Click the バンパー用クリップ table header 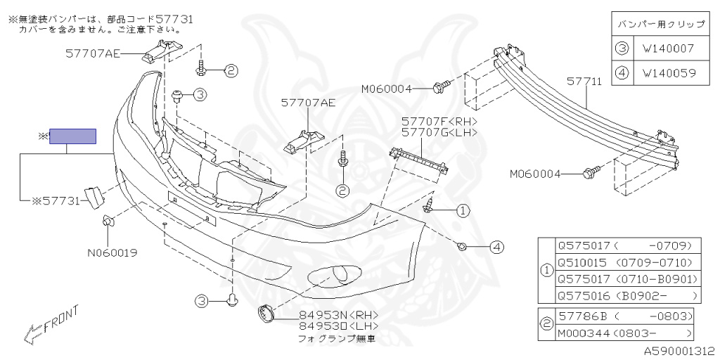point(660,25)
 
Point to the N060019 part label point(112,252)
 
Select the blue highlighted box point(72,136)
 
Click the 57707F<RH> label point(439,121)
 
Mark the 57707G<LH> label point(439,131)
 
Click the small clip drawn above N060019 point(108,222)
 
